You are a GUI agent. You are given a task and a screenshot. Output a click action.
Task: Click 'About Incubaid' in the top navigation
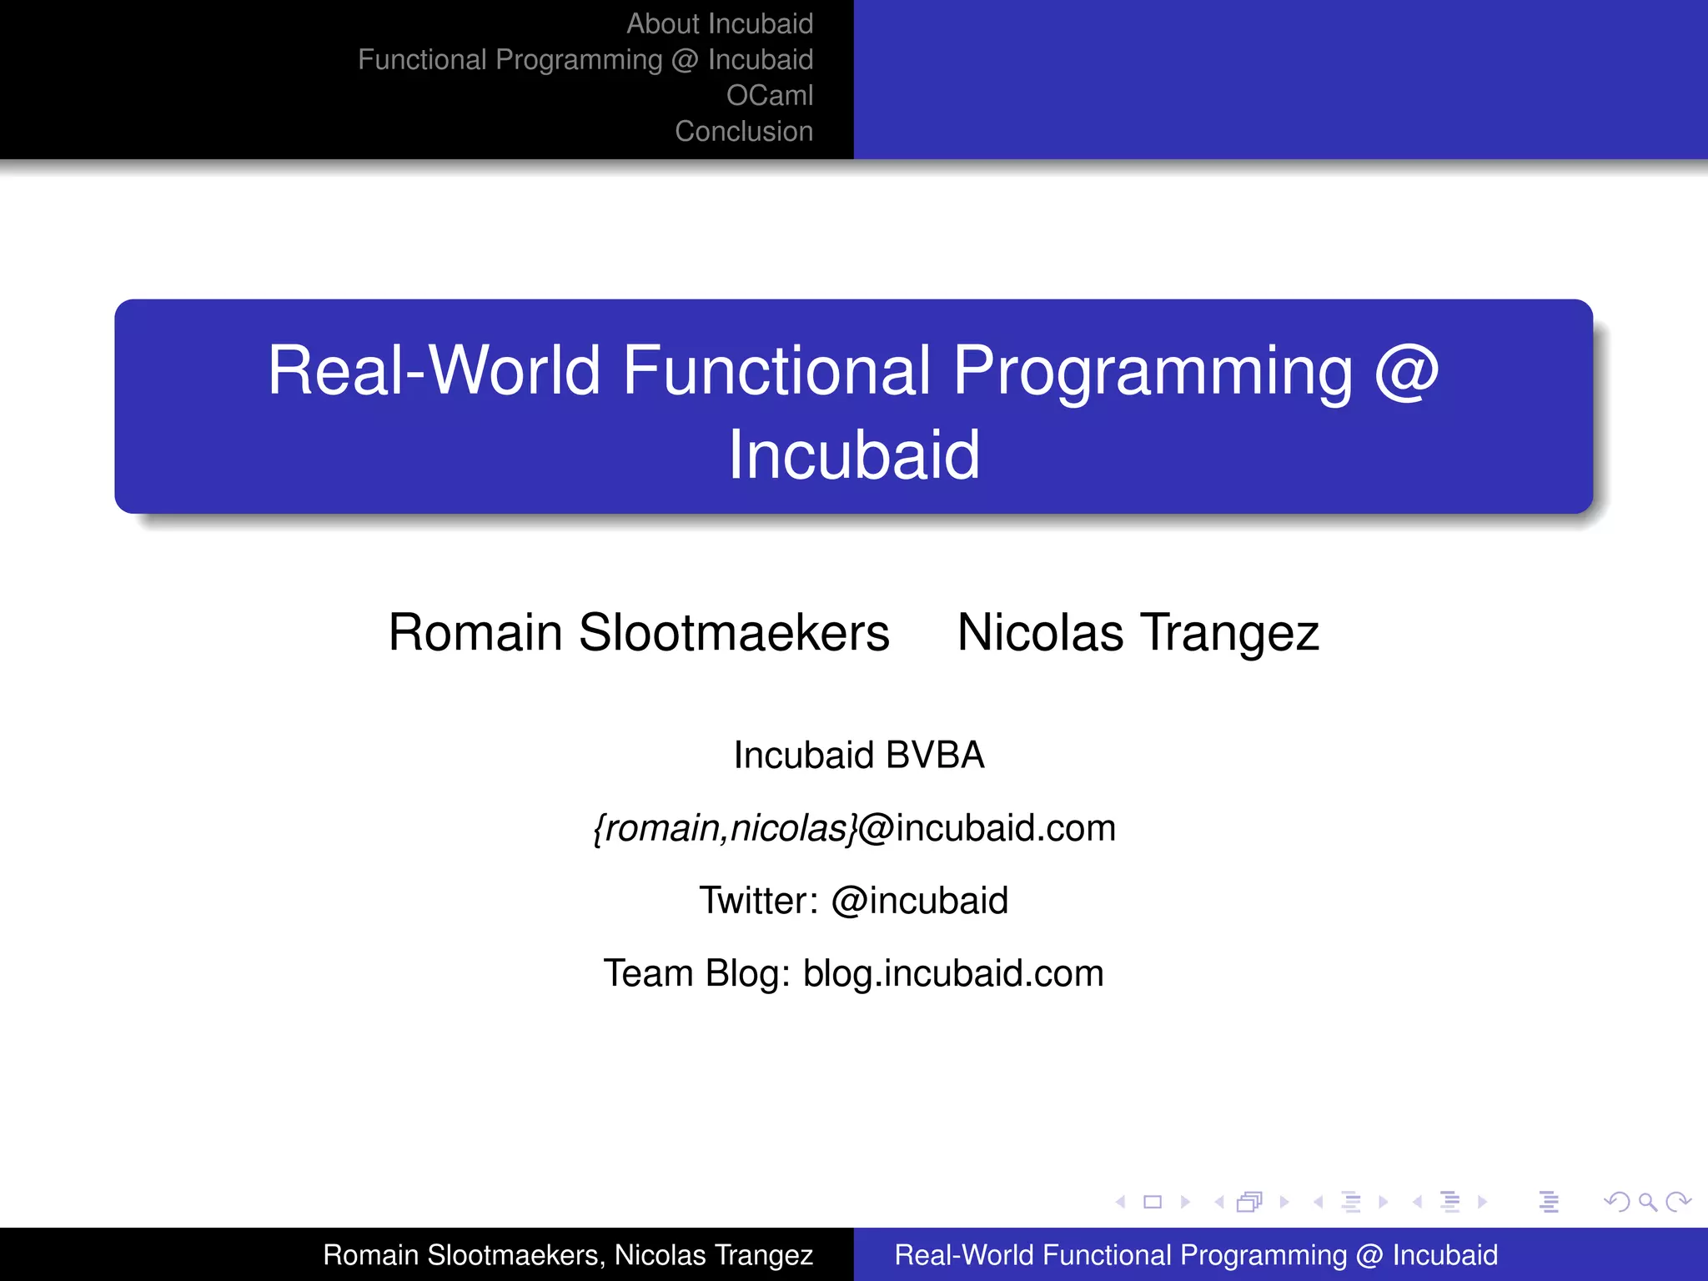tap(719, 24)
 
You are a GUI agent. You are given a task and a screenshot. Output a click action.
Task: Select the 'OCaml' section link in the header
tap(769, 96)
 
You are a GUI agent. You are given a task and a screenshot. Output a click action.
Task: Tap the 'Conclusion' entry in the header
tap(743, 132)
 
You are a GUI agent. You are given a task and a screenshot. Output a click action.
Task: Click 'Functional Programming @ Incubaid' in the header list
tap(585, 60)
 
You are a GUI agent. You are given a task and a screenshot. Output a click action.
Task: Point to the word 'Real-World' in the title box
tap(433, 370)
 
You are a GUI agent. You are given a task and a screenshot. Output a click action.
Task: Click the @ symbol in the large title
tap(1406, 370)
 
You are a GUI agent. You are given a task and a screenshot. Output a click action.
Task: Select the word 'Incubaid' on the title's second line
tap(854, 455)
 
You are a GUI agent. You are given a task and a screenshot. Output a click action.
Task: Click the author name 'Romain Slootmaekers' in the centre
tap(639, 632)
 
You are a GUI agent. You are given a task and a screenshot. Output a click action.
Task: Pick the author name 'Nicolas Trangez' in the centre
tap(1138, 632)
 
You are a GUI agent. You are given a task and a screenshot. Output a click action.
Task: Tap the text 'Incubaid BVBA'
tap(858, 755)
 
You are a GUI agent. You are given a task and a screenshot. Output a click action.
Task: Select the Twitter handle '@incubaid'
tap(919, 901)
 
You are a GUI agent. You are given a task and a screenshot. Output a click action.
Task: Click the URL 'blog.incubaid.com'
tap(952, 973)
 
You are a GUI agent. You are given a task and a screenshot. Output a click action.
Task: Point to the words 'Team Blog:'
tap(696, 973)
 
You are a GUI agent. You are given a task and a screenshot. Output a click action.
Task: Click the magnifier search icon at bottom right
tap(1646, 1202)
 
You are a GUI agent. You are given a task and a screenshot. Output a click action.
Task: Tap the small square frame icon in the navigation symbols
tap(1153, 1202)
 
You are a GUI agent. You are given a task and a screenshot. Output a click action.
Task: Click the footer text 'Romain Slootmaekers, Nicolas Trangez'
tap(567, 1255)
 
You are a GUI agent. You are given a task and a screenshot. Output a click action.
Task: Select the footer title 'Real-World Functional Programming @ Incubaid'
tap(1196, 1255)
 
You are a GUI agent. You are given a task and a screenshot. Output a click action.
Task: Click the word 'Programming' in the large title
tap(1153, 370)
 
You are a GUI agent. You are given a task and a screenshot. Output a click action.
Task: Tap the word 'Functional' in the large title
tap(776, 370)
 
